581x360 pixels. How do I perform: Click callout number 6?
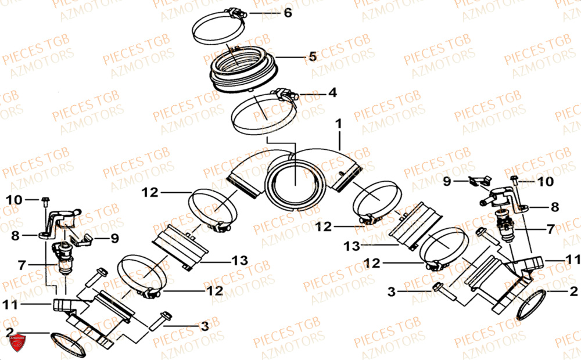288,13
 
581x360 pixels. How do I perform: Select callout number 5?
312,57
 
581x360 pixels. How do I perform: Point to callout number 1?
338,124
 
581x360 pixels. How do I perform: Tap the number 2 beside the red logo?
9,332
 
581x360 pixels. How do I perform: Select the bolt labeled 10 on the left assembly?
44,203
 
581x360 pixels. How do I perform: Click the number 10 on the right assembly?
545,182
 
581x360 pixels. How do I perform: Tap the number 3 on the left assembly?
203,327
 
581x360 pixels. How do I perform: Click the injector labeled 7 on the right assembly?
505,224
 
